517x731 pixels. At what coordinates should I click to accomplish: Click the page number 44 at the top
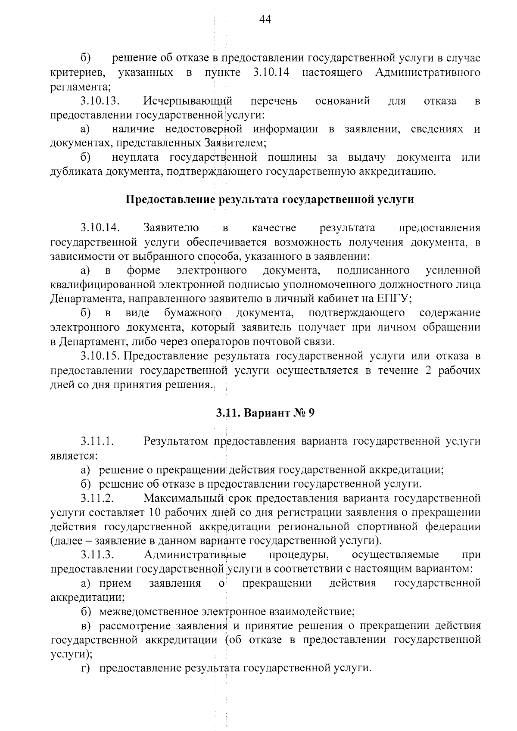pyautogui.click(x=265, y=20)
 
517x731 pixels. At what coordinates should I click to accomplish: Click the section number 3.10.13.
pyautogui.click(x=100, y=101)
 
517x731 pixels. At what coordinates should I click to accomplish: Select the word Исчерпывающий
pyautogui.click(x=188, y=102)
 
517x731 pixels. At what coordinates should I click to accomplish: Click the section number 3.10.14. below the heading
pyautogui.click(x=100, y=227)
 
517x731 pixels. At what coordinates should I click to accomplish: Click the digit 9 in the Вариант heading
pyautogui.click(x=312, y=413)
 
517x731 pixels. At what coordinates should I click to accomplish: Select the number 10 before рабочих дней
pyautogui.click(x=154, y=513)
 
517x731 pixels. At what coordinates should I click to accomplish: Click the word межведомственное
pyautogui.click(x=143, y=611)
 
